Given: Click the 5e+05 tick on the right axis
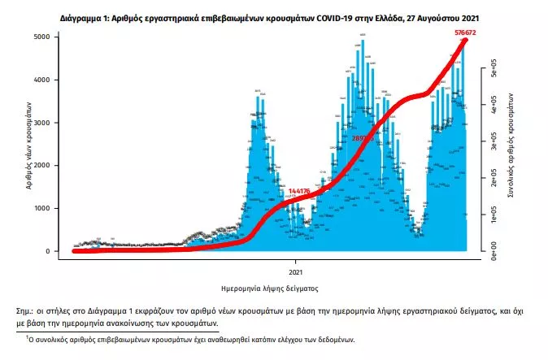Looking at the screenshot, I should click(x=494, y=72).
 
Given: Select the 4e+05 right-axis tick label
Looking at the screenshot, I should click(x=494, y=107).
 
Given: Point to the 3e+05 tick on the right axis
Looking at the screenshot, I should click(x=494, y=143).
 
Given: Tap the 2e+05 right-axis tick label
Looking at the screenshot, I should click(x=494, y=179).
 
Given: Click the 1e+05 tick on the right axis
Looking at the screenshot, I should click(x=494, y=215).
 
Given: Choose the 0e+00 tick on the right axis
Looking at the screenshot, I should click(x=494, y=250).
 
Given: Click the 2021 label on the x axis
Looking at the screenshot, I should click(x=297, y=270).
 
